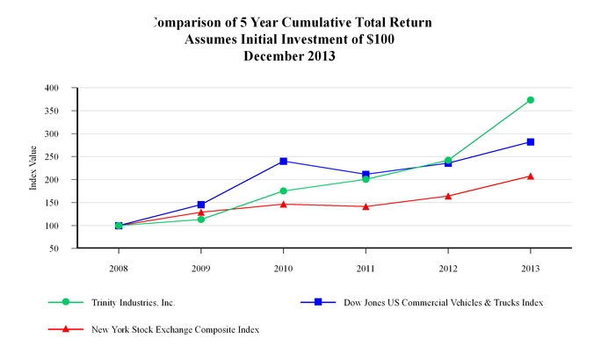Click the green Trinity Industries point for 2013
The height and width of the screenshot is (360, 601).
[531, 100]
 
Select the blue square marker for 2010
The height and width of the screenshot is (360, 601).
[283, 161]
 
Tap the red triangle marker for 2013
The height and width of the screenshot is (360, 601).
[531, 176]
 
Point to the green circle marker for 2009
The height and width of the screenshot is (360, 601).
[201, 219]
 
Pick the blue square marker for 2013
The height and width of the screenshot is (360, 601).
[531, 141]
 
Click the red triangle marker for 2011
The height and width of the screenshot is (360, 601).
[366, 206]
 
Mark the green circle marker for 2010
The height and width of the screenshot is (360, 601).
[283, 191]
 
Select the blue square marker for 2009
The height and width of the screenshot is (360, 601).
[201, 205]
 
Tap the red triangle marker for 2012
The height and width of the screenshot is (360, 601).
[448, 196]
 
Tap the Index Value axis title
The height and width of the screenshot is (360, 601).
[33, 169]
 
